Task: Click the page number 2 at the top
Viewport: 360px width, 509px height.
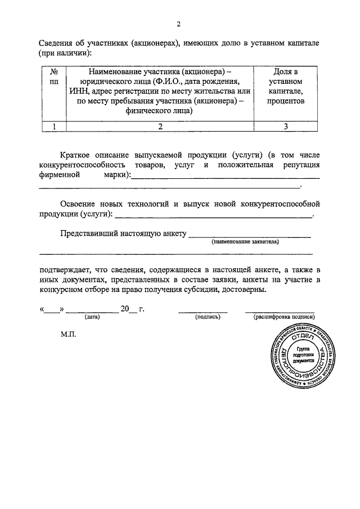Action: [178, 24]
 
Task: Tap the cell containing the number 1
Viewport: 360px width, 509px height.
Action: [55, 127]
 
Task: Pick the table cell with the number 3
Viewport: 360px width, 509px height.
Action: [285, 127]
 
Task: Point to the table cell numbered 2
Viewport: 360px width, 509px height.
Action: [160, 127]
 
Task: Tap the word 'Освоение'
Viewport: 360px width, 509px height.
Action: [80, 204]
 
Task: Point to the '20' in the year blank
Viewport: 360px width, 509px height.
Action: [124, 309]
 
